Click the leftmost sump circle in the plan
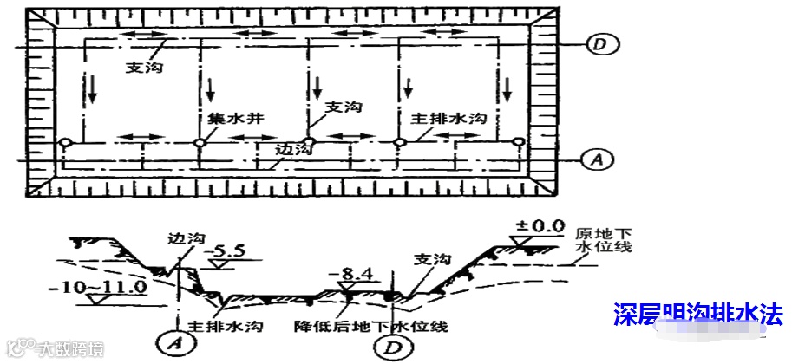(65, 143)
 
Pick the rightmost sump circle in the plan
(518, 143)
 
